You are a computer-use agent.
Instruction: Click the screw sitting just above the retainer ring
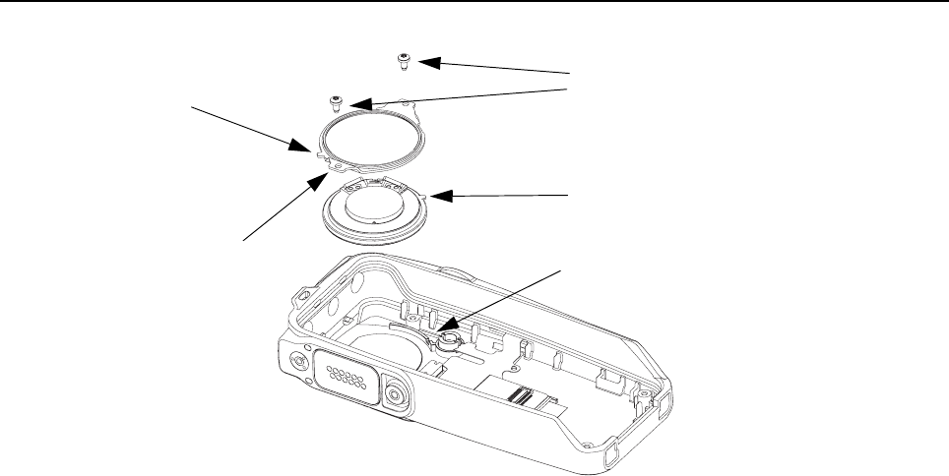tap(336, 102)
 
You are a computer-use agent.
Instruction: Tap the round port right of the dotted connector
tap(394, 395)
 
